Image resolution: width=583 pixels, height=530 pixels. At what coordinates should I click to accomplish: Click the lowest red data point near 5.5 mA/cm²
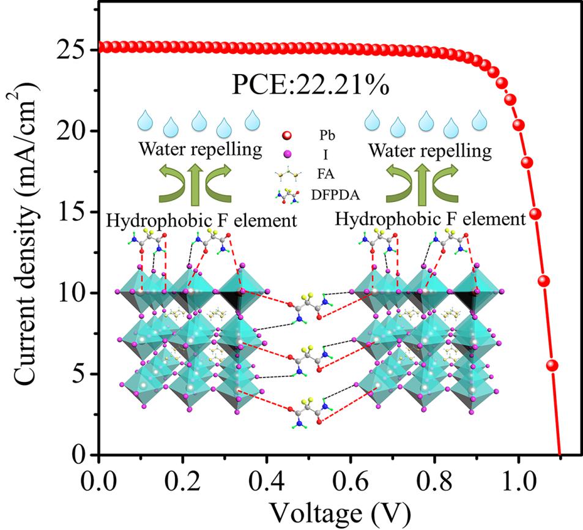[552, 365]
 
